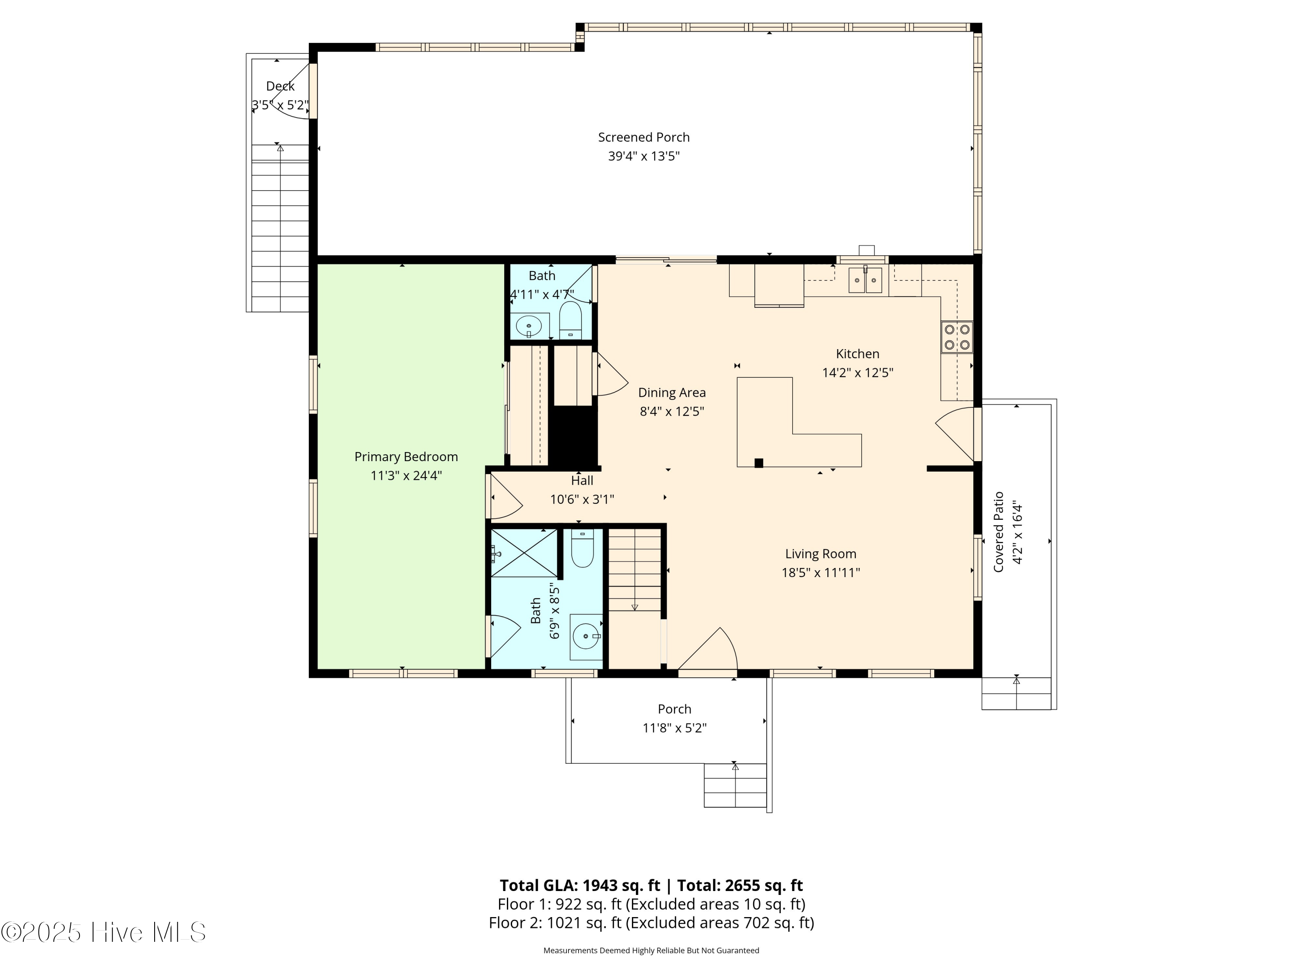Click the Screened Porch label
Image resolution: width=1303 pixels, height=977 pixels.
643,137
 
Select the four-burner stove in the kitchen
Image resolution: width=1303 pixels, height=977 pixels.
957,337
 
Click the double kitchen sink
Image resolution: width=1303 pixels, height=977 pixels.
865,281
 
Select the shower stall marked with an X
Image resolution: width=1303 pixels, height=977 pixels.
524,553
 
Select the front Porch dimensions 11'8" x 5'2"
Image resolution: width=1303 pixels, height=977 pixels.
674,728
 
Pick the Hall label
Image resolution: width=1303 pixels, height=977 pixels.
582,481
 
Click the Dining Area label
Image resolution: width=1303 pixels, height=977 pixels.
671,393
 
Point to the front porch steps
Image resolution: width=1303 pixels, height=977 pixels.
735,786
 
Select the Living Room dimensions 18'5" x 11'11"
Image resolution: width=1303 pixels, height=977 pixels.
820,572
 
